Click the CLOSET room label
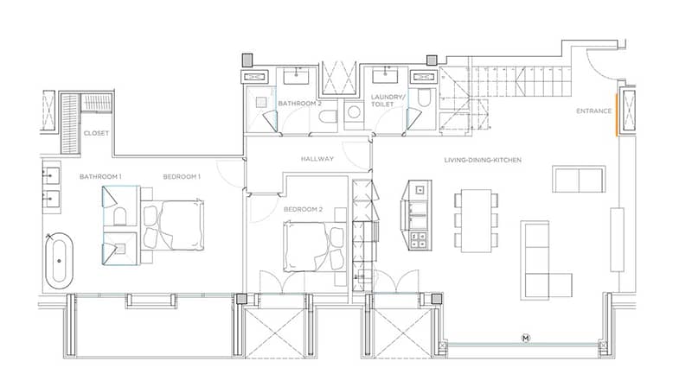(x=96, y=133)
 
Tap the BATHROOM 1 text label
(x=100, y=177)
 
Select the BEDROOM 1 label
(x=182, y=177)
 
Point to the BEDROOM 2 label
(x=304, y=209)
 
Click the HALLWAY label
(x=317, y=159)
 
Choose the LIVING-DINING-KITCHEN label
(x=483, y=160)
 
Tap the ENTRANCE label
(x=594, y=111)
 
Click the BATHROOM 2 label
(x=299, y=104)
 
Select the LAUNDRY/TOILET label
(x=387, y=100)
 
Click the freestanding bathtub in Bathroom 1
(x=59, y=261)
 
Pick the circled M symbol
(x=526, y=339)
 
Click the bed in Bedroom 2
(x=314, y=246)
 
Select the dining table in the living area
(x=477, y=221)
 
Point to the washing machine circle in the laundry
(x=354, y=112)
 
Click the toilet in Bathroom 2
(x=328, y=117)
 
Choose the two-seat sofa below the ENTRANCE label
(x=579, y=179)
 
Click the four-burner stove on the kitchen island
(x=419, y=240)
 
